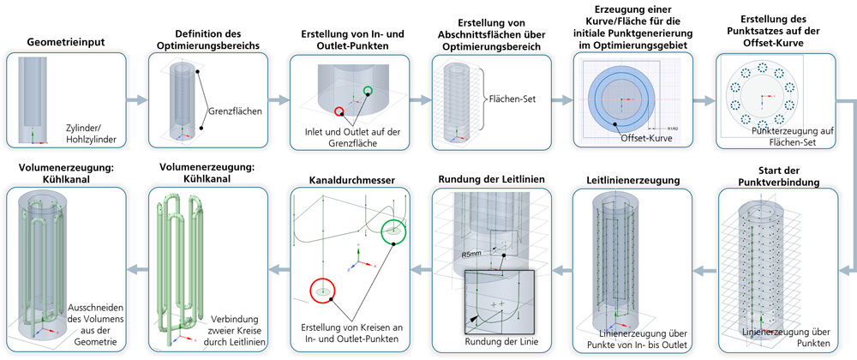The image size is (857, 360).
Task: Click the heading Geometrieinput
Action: (x=65, y=42)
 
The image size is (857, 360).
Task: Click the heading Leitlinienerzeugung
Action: (x=631, y=181)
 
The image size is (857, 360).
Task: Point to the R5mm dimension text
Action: (x=472, y=255)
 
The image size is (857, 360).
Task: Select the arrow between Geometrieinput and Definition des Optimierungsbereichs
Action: (x=137, y=100)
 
